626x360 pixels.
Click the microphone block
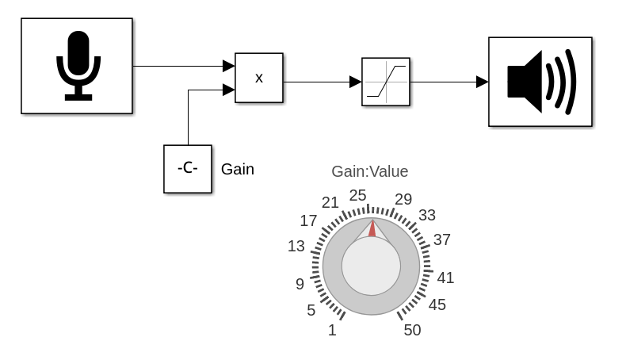click(77, 67)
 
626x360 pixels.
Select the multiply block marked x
click(259, 78)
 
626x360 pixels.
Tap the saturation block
click(386, 82)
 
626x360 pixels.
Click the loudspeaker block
click(540, 82)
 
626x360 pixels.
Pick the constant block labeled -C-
click(188, 169)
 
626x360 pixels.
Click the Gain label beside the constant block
click(238, 169)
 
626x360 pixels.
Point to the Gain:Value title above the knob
click(369, 171)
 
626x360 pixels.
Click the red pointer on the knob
click(371, 228)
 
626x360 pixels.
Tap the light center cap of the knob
click(371, 266)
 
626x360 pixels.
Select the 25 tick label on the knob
click(358, 195)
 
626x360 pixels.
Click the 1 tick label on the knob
click(332, 331)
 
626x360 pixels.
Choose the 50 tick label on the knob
click(412, 331)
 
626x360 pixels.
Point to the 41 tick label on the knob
click(445, 278)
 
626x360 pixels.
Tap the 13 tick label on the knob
click(296, 247)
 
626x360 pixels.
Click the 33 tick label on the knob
click(427, 215)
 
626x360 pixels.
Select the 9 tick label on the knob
click(300, 284)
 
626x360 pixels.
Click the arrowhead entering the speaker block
click(483, 82)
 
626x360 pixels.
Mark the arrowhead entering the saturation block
click(356, 82)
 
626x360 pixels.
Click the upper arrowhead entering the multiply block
click(229, 66)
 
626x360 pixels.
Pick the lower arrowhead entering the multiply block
click(229, 90)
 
